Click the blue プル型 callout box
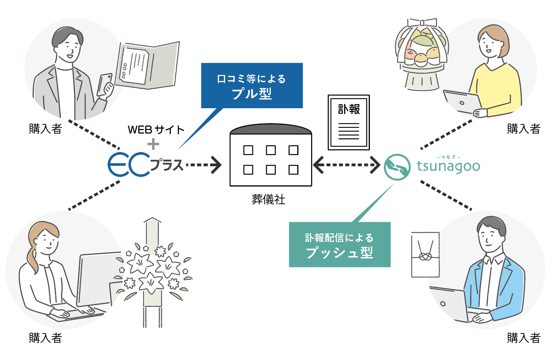click(252, 86)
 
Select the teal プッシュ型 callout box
click(340, 244)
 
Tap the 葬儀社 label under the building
click(268, 200)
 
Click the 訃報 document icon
click(349, 122)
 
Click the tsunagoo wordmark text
click(448, 166)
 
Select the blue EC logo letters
click(128, 165)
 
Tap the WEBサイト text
click(156, 130)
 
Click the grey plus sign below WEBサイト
click(153, 144)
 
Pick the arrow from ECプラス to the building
click(204, 165)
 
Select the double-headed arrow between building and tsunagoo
click(346, 165)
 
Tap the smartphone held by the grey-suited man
click(104, 85)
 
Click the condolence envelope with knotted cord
click(425, 254)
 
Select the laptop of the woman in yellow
click(462, 102)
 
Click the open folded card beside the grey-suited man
click(148, 65)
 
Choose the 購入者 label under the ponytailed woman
click(45, 338)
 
